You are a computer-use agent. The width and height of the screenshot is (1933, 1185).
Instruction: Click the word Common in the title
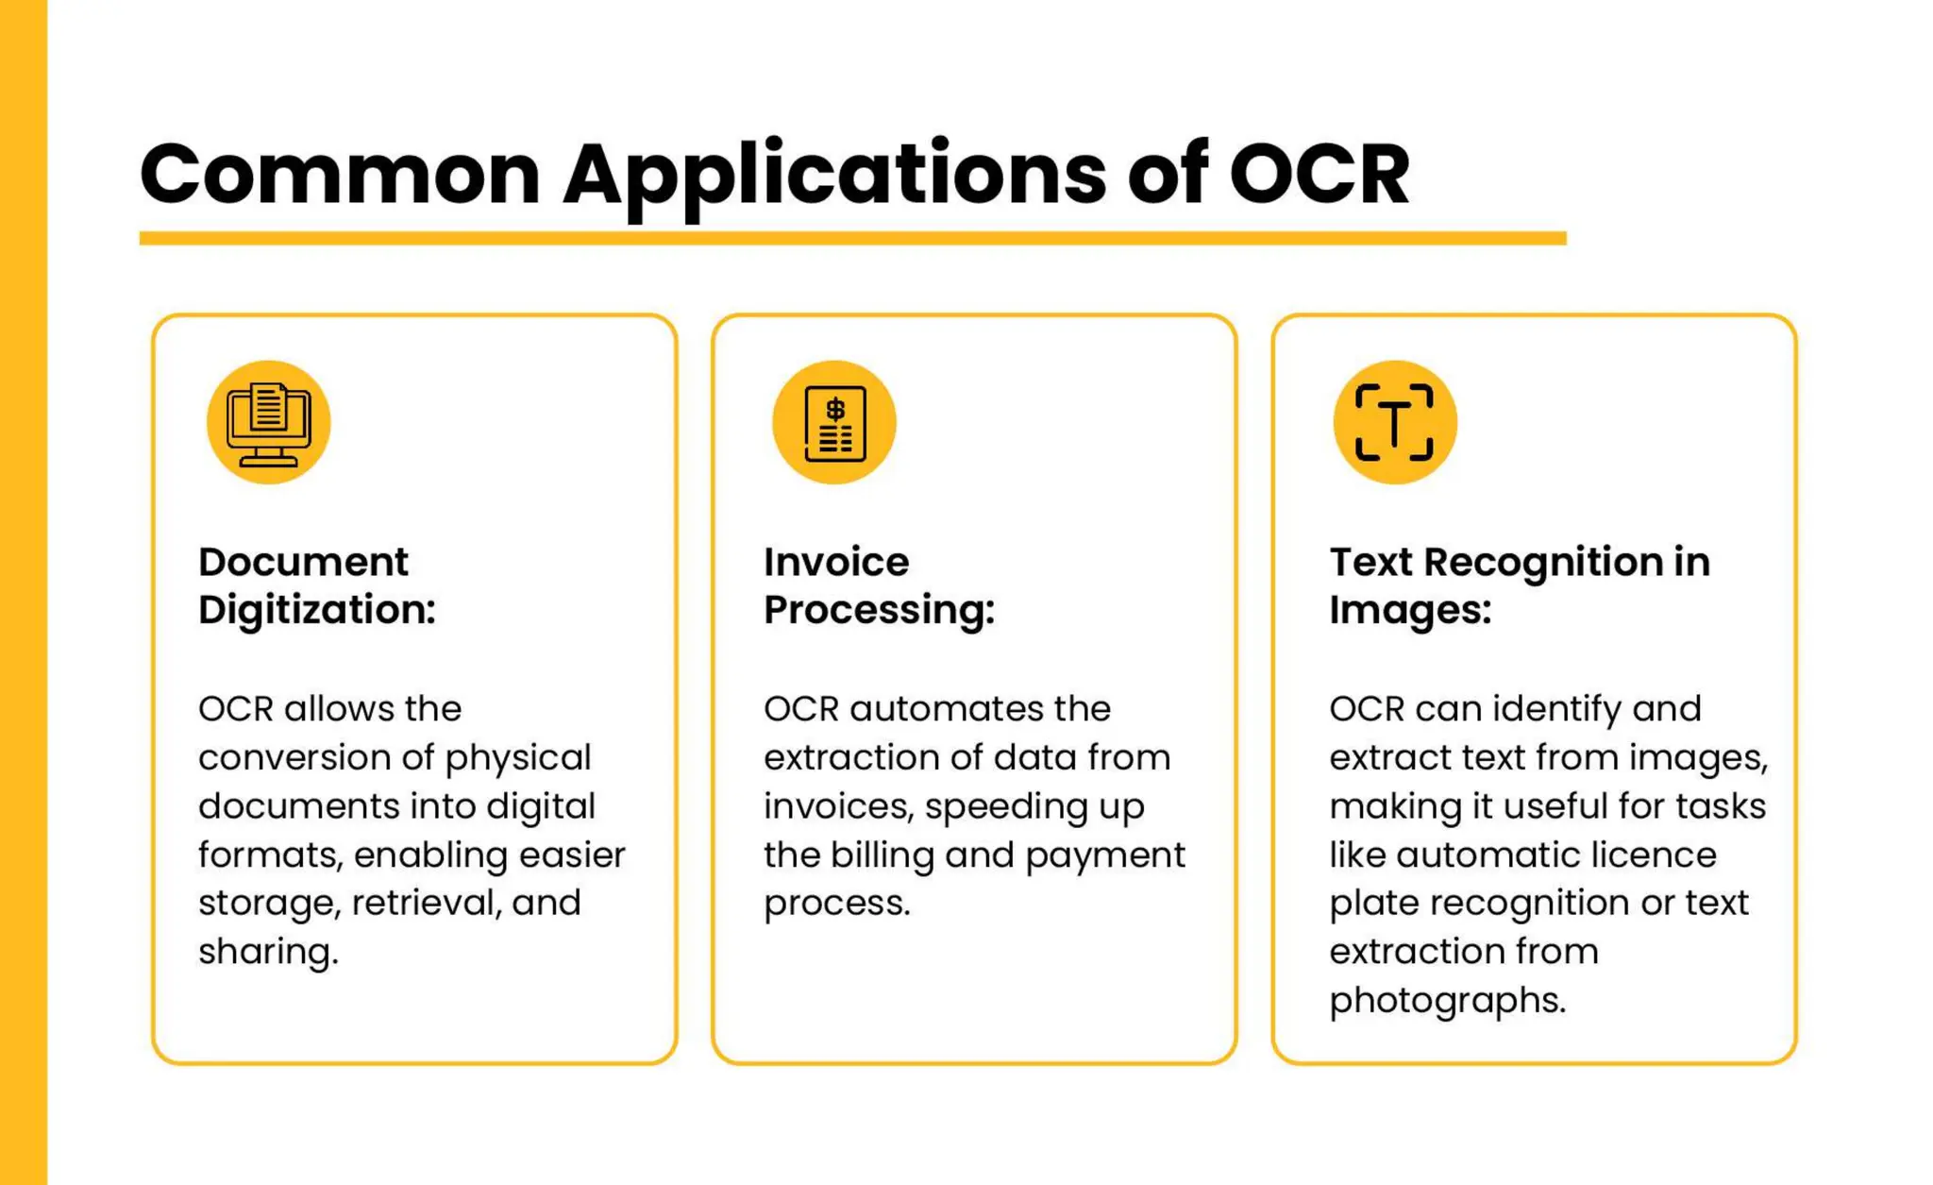[x=340, y=175]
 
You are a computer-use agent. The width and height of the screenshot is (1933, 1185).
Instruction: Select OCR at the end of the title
[x=1319, y=175]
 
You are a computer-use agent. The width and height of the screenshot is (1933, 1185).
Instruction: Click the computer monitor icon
[x=269, y=423]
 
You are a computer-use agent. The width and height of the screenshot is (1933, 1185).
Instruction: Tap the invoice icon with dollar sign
[x=834, y=423]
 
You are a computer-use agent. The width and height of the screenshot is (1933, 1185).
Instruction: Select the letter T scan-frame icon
[x=1394, y=423]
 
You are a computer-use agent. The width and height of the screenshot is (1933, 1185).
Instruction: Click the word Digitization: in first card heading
[x=317, y=610]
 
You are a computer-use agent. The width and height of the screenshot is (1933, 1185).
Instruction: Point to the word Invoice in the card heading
[x=836, y=562]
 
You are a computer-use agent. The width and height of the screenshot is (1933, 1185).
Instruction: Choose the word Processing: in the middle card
[x=879, y=610]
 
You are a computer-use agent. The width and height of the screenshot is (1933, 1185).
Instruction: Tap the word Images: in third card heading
[x=1410, y=610]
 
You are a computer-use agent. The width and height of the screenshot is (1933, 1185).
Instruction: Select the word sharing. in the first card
[x=268, y=952]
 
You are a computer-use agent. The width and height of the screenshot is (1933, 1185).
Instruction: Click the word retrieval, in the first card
[x=426, y=903]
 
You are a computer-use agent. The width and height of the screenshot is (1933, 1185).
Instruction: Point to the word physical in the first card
[x=518, y=758]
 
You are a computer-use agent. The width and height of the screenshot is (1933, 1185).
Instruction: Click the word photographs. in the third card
[x=1448, y=1001]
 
